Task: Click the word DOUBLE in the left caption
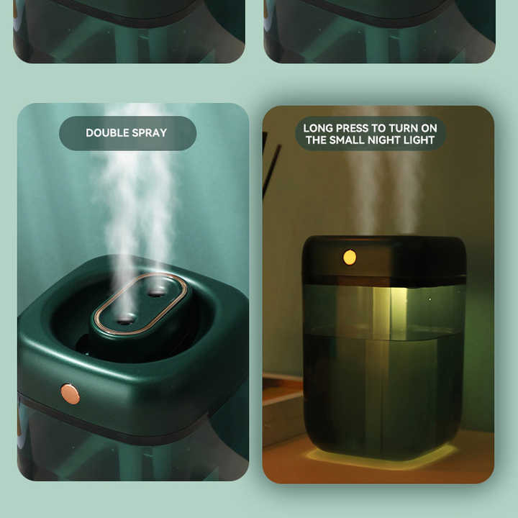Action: [x=106, y=133]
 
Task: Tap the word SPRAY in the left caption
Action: [x=149, y=133]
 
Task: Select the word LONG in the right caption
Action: [x=317, y=128]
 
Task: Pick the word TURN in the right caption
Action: [x=403, y=128]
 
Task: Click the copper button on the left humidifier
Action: [x=70, y=394]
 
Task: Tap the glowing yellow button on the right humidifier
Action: [x=350, y=258]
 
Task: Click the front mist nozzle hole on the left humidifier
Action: [x=126, y=319]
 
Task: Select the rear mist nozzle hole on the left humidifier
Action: [x=156, y=291]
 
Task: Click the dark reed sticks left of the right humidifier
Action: [x=271, y=165]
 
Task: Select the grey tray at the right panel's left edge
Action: [x=283, y=409]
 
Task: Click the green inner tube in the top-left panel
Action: [x=127, y=45]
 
